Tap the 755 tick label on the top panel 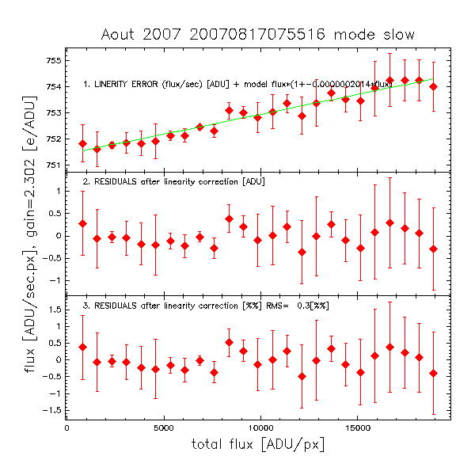coord(53,60)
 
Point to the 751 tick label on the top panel coord(53,165)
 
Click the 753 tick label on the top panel coord(53,112)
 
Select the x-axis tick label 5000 coord(163,428)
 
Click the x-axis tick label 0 coord(66,428)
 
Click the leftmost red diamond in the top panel coord(82,143)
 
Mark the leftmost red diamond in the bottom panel coord(82,347)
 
